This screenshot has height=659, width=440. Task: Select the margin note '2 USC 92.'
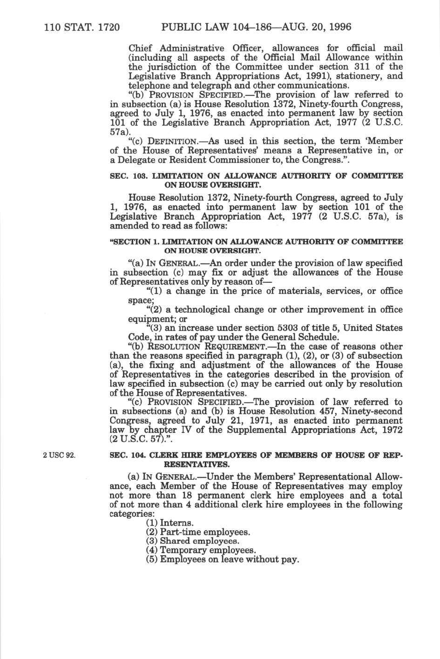[x=59, y=455]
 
